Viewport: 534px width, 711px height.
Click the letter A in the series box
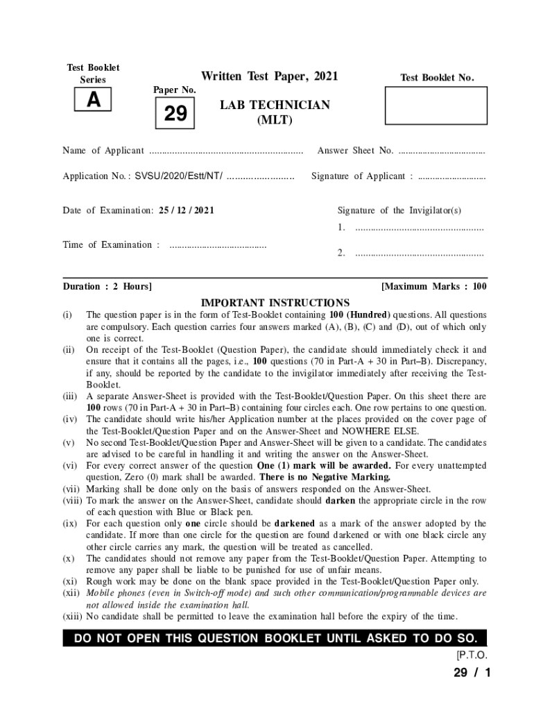[x=93, y=101]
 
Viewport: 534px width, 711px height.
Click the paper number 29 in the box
[x=175, y=113]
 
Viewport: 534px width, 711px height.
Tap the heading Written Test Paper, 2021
[x=269, y=76]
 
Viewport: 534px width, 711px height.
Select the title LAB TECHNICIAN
[x=275, y=105]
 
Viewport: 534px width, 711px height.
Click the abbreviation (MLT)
[x=275, y=120]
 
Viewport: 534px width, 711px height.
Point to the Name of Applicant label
[x=103, y=151]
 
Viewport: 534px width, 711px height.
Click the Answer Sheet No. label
[x=355, y=151]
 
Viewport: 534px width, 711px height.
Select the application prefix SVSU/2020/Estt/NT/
[x=179, y=176]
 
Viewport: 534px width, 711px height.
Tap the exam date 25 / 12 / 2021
[x=186, y=210]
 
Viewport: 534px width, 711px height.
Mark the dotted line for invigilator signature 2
[x=419, y=253]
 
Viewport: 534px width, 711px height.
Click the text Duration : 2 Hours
[x=107, y=286]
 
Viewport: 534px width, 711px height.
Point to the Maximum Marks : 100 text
[x=434, y=286]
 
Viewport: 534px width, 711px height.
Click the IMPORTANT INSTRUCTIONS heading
[x=275, y=303]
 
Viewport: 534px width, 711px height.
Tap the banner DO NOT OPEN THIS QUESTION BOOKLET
[x=275, y=639]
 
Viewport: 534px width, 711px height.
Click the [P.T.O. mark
[x=472, y=655]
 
